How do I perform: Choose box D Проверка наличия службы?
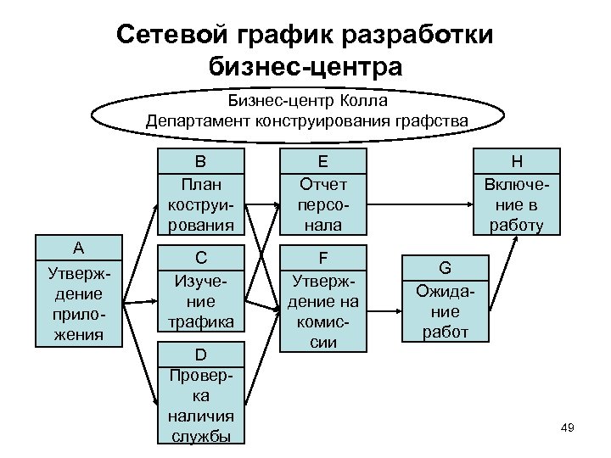(201, 394)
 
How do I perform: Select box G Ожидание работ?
(445, 299)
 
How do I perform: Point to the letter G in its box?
(445, 268)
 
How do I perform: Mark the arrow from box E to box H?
(419, 204)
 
